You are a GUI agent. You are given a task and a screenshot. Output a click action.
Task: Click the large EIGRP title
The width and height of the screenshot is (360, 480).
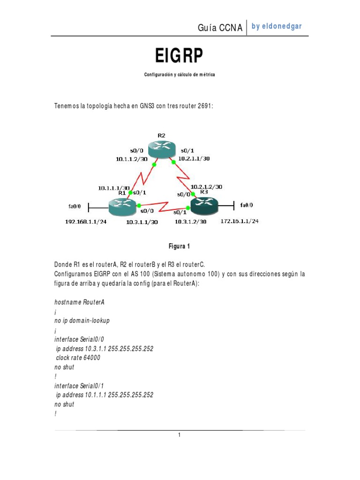coord(180,56)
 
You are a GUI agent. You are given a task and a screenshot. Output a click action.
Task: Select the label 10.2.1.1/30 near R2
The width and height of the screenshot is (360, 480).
coord(194,158)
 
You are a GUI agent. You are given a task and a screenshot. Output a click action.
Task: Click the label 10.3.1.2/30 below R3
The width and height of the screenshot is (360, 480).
coord(190,222)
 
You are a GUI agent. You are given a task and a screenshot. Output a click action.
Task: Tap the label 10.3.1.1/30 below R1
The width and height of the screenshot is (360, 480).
coord(142,222)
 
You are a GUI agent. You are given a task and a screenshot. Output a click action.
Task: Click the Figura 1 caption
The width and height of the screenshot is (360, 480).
coord(180,246)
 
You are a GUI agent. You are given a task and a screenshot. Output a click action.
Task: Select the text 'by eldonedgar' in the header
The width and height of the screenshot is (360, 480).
coord(277,26)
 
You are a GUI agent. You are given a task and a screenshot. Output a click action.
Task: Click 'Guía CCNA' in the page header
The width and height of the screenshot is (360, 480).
coord(220,28)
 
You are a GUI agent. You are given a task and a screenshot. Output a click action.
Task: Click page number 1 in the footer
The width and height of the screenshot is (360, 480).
coord(179,435)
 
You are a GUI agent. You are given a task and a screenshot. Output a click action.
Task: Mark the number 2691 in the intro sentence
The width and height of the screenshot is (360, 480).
coord(205,106)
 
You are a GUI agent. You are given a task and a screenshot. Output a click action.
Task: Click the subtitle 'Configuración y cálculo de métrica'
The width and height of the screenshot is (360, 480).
coord(180,75)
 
